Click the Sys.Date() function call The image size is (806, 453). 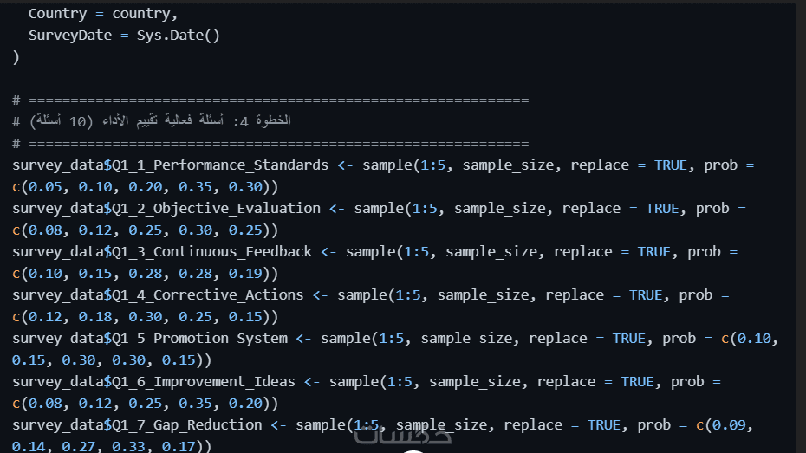pyautogui.click(x=179, y=36)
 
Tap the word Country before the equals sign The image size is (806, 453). pyautogui.click(x=57, y=14)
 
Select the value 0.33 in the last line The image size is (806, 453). pyautogui.click(x=146, y=446)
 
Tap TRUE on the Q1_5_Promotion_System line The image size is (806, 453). pyautogui.click(x=628, y=338)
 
